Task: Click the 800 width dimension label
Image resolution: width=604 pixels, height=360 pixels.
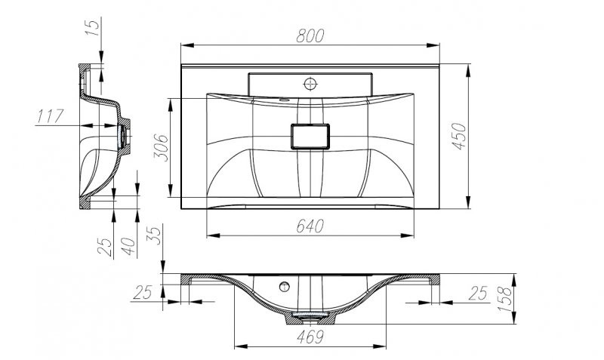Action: (x=310, y=35)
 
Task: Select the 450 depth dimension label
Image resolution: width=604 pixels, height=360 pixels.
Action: (x=461, y=135)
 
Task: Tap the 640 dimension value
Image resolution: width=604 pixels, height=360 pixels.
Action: (x=310, y=226)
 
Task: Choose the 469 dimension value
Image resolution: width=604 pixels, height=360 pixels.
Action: (x=310, y=335)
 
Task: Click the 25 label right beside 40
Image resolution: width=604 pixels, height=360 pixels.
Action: (x=106, y=246)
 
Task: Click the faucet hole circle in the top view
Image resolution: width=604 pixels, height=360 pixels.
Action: (x=310, y=82)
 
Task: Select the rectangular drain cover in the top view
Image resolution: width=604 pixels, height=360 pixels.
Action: (x=310, y=137)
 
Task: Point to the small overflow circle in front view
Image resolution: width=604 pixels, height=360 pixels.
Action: (x=285, y=286)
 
